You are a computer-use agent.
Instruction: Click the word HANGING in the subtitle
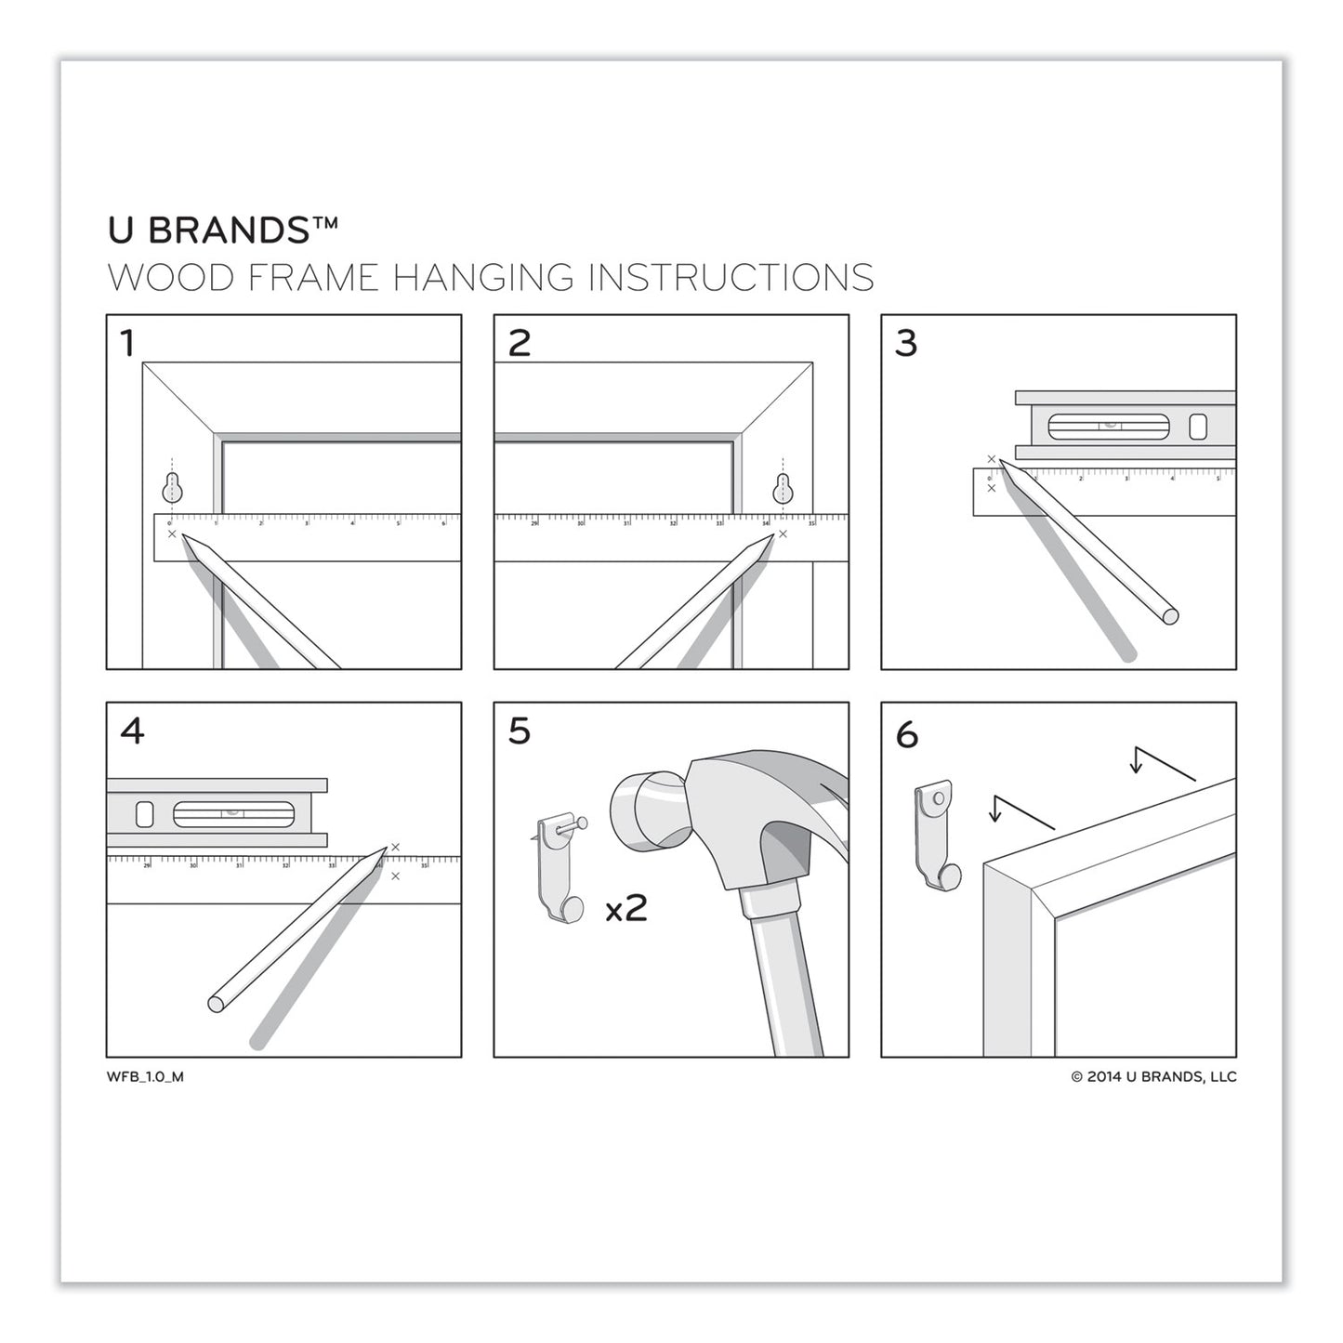tap(482, 278)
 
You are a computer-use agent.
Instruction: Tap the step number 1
tap(128, 344)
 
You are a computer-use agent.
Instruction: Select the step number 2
tap(519, 344)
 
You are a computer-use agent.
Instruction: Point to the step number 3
tap(906, 344)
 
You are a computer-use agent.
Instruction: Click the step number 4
tap(132, 731)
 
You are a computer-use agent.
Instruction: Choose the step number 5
tap(519, 731)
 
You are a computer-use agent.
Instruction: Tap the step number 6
tap(907, 735)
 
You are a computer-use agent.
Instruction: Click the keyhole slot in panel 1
tap(172, 487)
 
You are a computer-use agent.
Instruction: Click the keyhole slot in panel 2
tap(783, 487)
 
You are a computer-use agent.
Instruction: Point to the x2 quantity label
tap(625, 908)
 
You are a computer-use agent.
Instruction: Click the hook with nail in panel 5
tap(560, 869)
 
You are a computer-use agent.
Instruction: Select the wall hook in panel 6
tap(936, 834)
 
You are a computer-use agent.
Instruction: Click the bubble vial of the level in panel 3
tap(1108, 427)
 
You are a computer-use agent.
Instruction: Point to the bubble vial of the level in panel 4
tap(233, 814)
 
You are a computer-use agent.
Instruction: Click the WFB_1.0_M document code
tap(145, 1077)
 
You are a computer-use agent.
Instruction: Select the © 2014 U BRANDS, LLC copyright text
tap(1153, 1077)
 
